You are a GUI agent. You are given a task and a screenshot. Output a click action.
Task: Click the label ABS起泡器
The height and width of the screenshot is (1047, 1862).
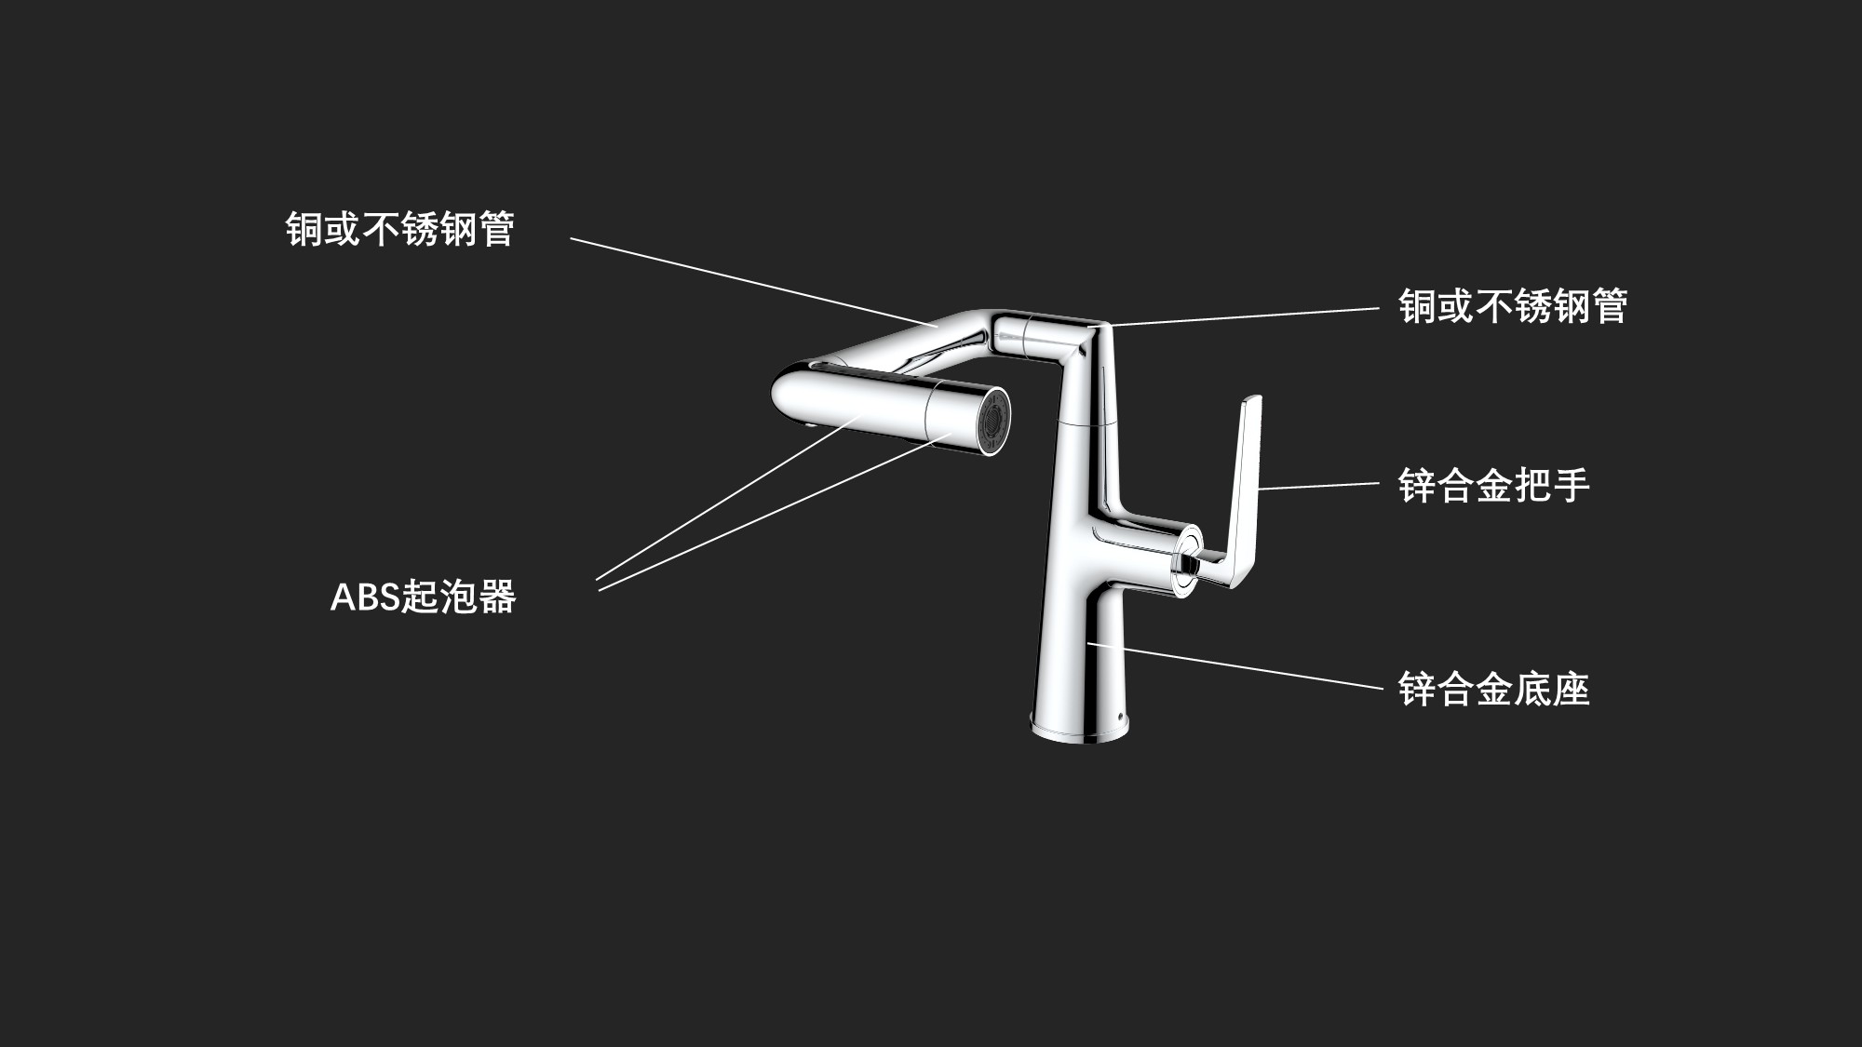pos(423,597)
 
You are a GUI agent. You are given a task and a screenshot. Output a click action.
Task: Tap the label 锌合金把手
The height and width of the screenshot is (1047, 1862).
pos(1493,485)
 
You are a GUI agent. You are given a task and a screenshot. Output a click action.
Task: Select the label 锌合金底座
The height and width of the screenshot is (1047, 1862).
pos(1493,690)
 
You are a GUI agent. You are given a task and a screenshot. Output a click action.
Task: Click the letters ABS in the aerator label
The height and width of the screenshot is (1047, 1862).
pos(364,597)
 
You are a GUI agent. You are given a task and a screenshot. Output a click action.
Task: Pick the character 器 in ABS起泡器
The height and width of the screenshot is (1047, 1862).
pos(496,597)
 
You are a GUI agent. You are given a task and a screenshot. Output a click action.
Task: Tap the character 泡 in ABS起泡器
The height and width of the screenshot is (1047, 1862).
pos(458,597)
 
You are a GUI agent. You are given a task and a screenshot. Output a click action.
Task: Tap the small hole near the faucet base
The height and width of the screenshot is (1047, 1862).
pos(1120,718)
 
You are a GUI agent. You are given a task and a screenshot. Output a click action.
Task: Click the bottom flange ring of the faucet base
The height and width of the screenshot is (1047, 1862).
pos(1082,732)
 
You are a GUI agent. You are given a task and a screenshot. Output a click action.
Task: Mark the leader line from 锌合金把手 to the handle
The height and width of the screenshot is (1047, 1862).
pos(1317,486)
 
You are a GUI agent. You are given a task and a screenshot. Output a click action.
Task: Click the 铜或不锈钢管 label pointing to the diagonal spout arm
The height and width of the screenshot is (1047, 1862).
pos(399,229)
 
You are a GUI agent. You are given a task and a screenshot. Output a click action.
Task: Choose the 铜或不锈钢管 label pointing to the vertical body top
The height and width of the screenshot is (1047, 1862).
pos(1512,306)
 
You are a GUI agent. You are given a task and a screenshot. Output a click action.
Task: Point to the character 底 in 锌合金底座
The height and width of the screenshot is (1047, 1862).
pos(1532,690)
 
